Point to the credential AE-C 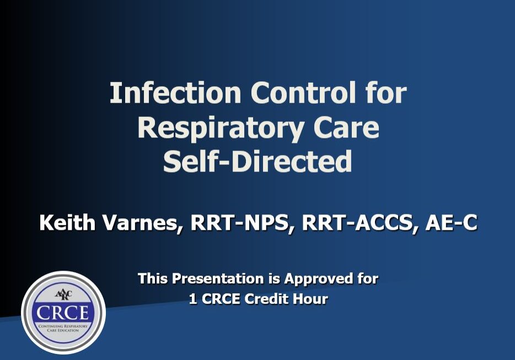(x=450, y=223)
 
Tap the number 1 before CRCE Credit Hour (x=192, y=299)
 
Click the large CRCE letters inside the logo (x=63, y=312)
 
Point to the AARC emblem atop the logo (x=63, y=293)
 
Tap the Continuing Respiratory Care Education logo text (x=63, y=329)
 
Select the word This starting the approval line (x=153, y=278)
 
